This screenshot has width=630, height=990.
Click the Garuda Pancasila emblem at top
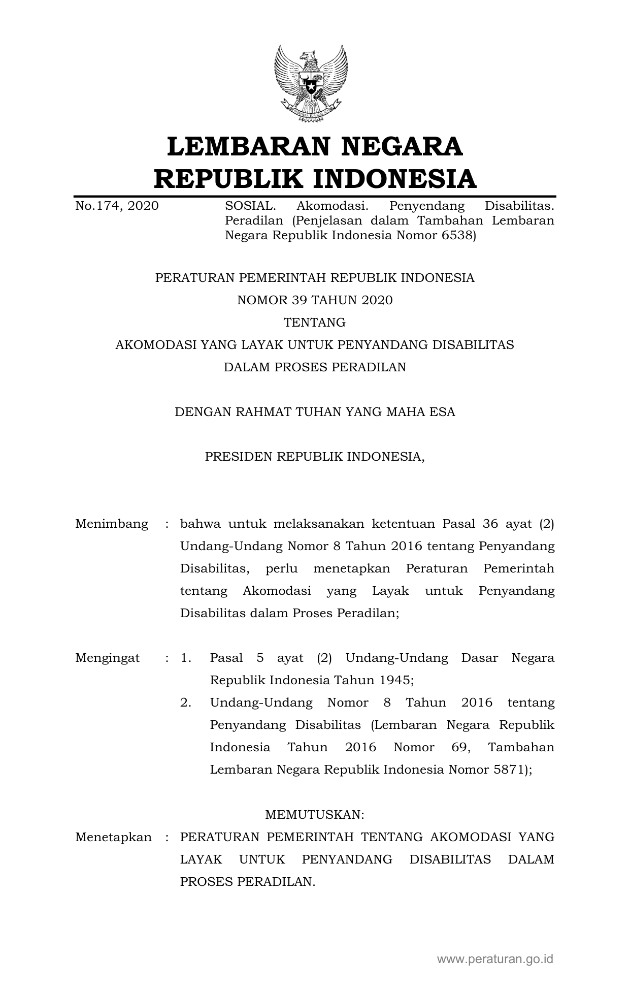(311, 83)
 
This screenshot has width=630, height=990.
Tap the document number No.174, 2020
(117, 206)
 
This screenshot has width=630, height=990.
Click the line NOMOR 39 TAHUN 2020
(315, 300)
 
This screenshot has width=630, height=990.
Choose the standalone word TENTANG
(315, 323)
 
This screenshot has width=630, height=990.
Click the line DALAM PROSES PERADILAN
(315, 367)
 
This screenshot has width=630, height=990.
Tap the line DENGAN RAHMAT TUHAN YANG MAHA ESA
(315, 412)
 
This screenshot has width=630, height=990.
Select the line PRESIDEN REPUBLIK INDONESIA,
(315, 457)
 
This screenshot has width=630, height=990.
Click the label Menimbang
(112, 524)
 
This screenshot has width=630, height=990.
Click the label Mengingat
(108, 658)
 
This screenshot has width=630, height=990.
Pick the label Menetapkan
(113, 837)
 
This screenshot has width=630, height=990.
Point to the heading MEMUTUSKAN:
(315, 815)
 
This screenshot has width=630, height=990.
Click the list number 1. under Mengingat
(186, 658)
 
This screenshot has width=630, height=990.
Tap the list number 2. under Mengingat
(186, 702)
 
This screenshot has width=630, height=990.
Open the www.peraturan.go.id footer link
(495, 959)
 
